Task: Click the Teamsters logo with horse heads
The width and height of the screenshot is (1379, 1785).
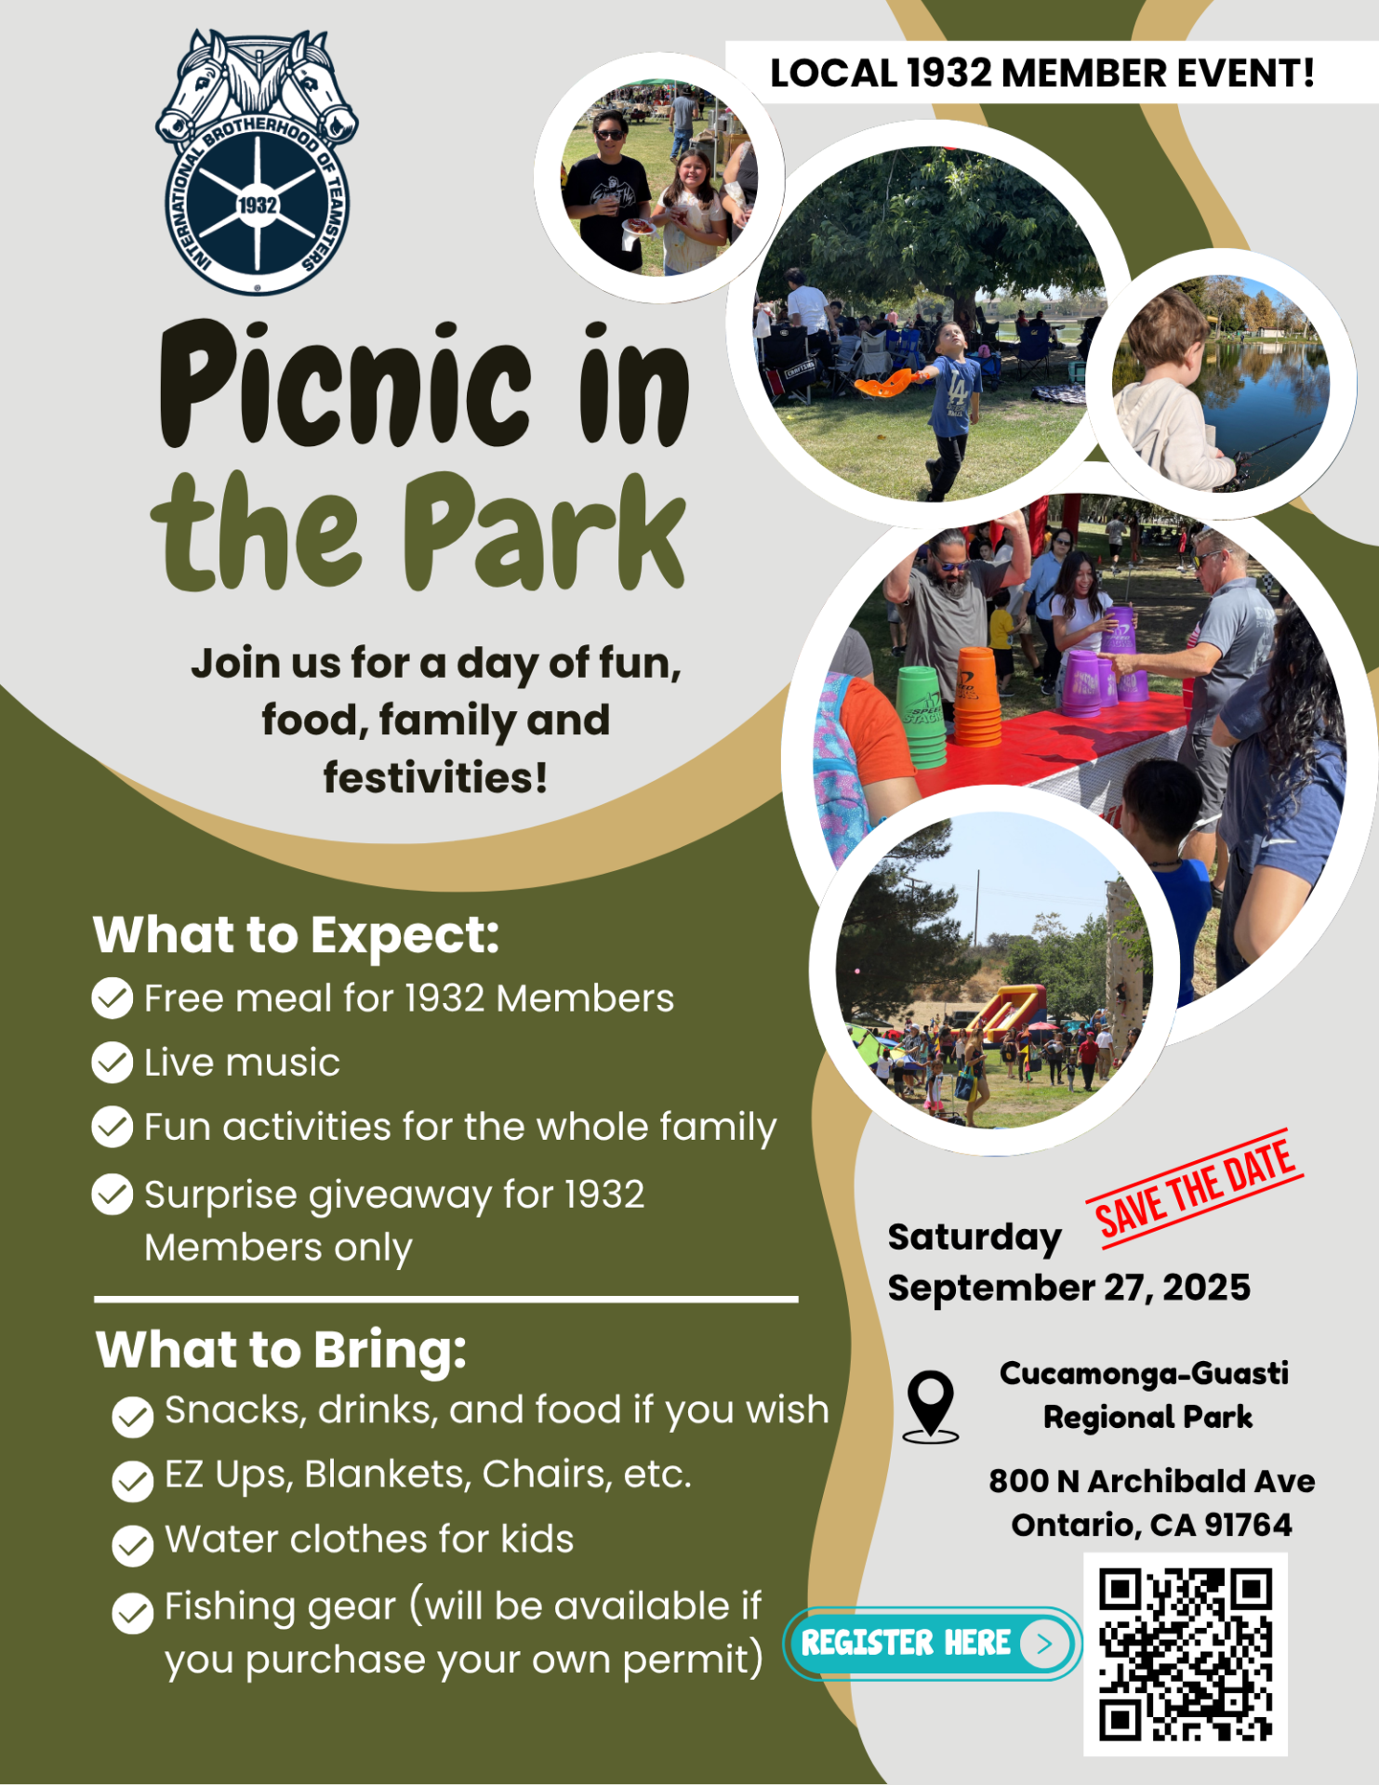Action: (257, 163)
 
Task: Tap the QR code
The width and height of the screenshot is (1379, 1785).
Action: (1186, 1654)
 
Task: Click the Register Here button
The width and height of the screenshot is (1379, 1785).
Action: (933, 1644)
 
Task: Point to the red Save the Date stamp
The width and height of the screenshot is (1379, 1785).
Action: (1195, 1187)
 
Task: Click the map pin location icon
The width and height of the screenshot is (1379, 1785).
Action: (930, 1407)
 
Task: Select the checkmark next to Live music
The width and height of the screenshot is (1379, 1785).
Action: (113, 1063)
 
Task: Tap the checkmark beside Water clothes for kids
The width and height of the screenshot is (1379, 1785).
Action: (133, 1545)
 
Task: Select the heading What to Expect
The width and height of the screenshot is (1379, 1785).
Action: (297, 936)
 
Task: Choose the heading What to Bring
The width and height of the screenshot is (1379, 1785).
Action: (281, 1351)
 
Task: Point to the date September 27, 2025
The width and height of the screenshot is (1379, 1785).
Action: (1069, 1289)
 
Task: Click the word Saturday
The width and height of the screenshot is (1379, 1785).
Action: (975, 1238)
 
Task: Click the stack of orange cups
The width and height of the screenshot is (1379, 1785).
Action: (976, 697)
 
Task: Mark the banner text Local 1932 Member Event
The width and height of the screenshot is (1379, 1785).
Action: (1042, 73)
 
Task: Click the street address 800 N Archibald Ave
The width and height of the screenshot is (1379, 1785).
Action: (1152, 1481)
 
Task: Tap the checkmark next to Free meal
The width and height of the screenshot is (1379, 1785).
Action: (113, 998)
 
